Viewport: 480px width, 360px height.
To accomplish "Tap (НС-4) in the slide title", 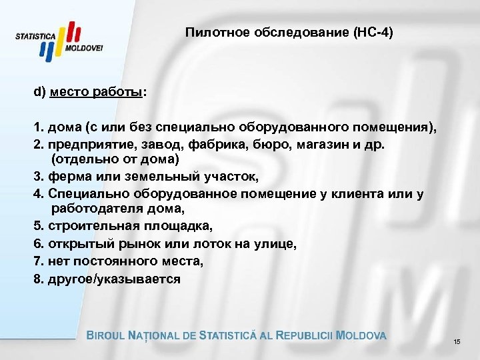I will [x=374, y=33].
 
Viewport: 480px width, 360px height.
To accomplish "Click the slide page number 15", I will [x=457, y=341].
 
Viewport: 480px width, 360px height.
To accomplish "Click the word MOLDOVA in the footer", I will [x=362, y=335].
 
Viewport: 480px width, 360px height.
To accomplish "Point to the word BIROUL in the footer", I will [x=110, y=335].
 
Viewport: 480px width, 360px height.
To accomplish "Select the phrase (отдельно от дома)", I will [x=116, y=161].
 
